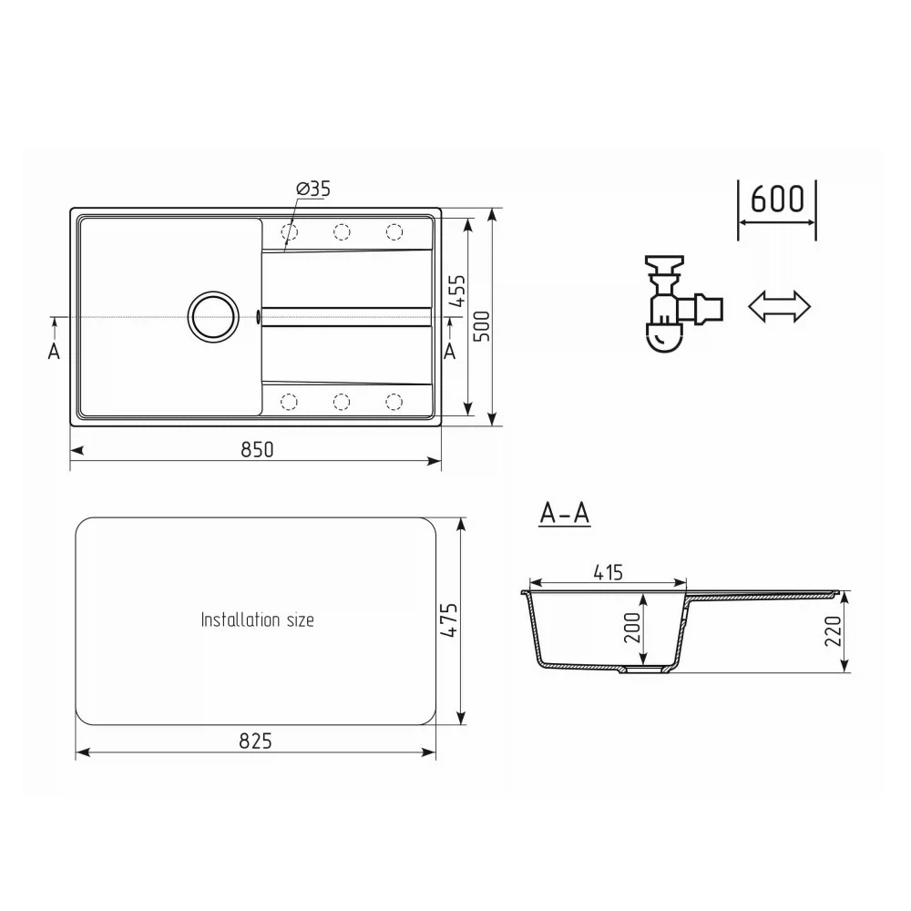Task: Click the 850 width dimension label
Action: (256, 450)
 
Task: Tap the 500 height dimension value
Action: (482, 326)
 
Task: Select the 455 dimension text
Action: (458, 291)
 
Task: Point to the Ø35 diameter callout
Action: (312, 189)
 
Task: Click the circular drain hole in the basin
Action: (213, 315)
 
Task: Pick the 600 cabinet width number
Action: (777, 199)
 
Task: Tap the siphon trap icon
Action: (683, 303)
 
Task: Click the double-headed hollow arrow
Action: (779, 305)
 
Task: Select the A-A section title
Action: (564, 514)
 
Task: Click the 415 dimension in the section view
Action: (608, 572)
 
